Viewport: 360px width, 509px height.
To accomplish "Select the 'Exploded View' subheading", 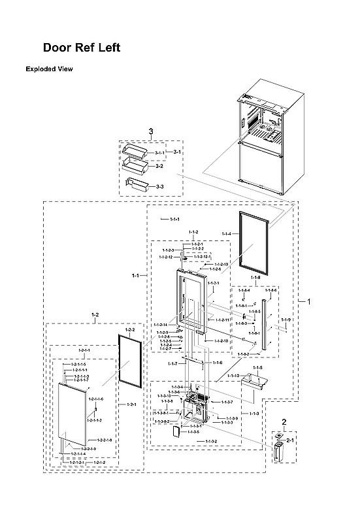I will pos(49,69).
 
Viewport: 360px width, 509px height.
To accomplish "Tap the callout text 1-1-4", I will pos(226,234).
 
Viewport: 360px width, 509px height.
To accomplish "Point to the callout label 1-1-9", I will pos(285,320).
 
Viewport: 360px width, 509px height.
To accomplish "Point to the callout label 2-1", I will pos(291,441).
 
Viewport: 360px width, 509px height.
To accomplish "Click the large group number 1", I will pos(309,301).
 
